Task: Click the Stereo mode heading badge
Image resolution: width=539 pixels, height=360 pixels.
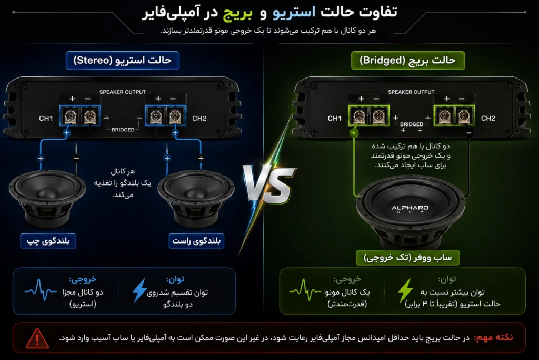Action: (x=122, y=61)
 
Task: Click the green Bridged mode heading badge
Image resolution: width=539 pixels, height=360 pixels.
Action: (x=408, y=61)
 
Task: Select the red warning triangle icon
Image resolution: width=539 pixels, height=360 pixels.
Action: (x=37, y=338)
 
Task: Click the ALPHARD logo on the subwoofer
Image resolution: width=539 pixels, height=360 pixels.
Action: (x=410, y=208)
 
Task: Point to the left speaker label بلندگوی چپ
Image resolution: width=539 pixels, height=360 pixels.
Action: (x=48, y=241)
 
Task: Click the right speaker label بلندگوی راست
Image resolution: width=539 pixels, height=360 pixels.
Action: (x=196, y=241)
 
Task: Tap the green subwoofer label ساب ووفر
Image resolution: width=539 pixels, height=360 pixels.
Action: (x=408, y=258)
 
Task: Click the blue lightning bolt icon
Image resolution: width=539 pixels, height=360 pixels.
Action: (x=139, y=290)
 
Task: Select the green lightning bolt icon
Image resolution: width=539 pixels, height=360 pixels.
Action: (x=405, y=290)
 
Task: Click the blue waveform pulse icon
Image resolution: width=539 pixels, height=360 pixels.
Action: (x=41, y=290)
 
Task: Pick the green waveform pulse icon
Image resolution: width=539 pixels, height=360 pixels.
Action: (x=305, y=290)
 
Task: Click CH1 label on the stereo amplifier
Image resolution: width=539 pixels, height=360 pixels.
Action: (x=46, y=119)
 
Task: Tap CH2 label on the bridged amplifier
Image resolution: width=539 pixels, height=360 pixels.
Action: (x=488, y=119)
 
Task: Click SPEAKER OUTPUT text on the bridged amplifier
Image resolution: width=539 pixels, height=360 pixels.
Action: (x=411, y=92)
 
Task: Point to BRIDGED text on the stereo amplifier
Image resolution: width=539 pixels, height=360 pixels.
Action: (x=123, y=130)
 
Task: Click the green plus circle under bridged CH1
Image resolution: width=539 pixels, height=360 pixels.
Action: (x=354, y=133)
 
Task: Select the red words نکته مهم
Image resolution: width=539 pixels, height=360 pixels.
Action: (x=494, y=337)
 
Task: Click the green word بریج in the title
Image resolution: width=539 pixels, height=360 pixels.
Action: (x=237, y=13)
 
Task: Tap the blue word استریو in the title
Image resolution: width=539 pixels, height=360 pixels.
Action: (x=294, y=13)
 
